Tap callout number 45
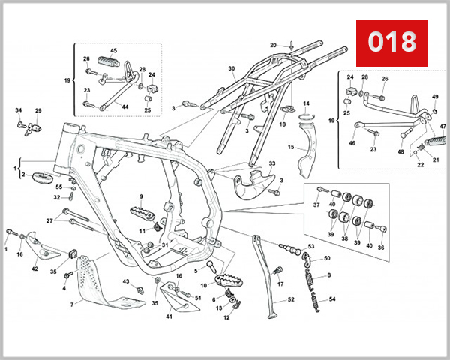(x=115, y=51)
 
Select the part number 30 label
(x=232, y=69)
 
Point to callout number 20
(x=274, y=45)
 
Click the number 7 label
(x=72, y=305)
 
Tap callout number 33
(x=271, y=163)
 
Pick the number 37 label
(x=316, y=205)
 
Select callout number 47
(x=442, y=127)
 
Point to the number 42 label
(x=35, y=268)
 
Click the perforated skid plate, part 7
(x=101, y=281)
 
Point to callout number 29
(x=38, y=111)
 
